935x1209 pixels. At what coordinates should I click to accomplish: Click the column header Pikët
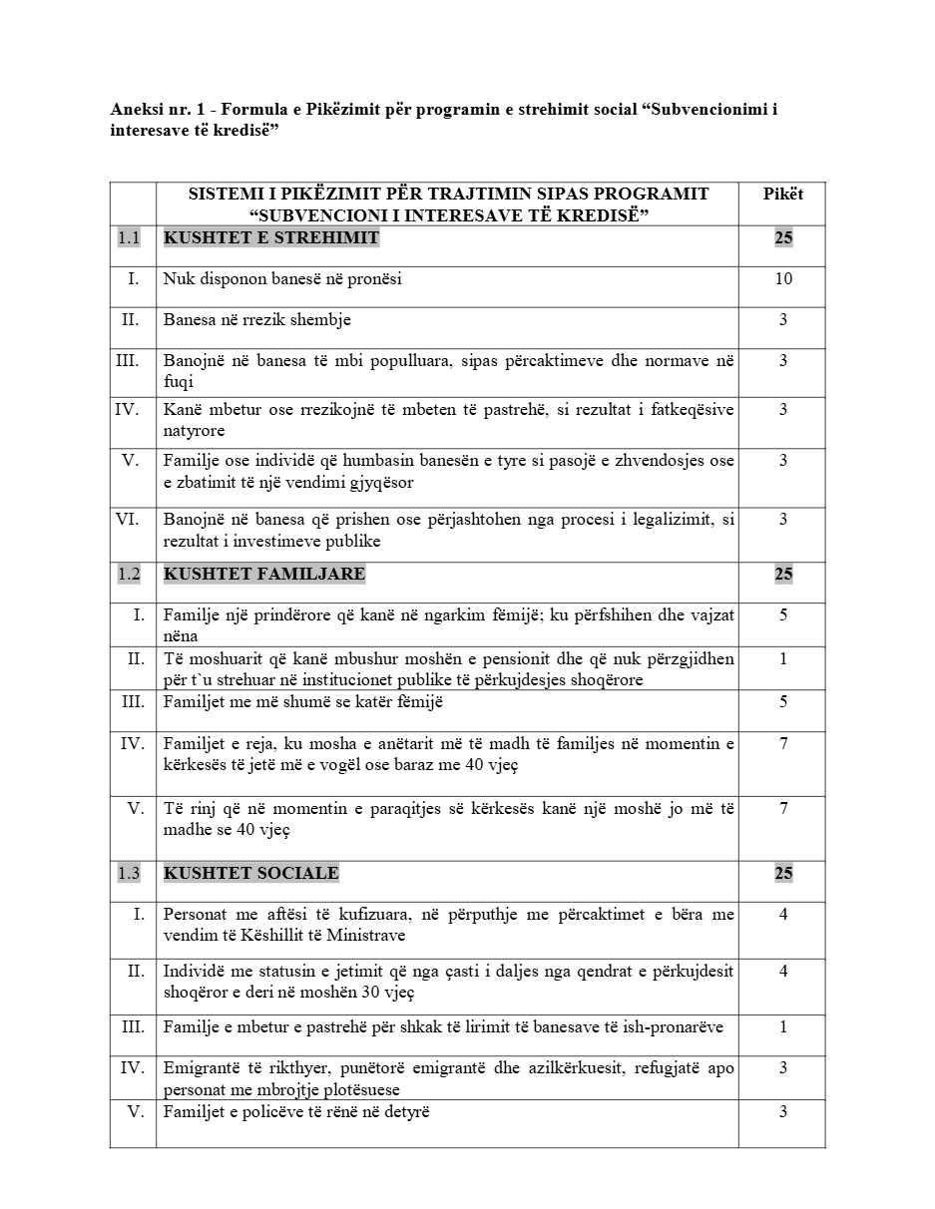click(x=783, y=194)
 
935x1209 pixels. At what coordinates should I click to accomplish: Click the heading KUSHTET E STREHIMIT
click(x=270, y=237)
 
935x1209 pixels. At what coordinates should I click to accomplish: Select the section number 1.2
click(x=129, y=574)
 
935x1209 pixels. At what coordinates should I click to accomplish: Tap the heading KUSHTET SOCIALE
click(x=250, y=873)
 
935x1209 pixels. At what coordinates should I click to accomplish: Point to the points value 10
click(x=783, y=279)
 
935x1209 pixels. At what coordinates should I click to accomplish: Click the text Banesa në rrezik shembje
click(x=257, y=320)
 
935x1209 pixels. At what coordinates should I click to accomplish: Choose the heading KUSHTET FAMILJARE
click(x=264, y=574)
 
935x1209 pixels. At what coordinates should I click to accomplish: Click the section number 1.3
click(x=129, y=873)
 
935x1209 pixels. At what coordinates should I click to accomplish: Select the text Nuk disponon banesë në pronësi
click(x=282, y=279)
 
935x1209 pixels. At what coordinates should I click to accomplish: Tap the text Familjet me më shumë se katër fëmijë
click(x=303, y=702)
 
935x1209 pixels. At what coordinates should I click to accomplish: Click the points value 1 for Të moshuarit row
click(x=783, y=658)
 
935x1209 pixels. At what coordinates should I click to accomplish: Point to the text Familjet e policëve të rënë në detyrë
click(x=296, y=1112)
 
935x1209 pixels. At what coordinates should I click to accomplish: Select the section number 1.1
click(x=129, y=237)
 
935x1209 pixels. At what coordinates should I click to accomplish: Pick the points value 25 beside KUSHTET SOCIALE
click(x=783, y=873)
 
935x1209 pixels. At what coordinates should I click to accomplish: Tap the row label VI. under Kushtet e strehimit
click(x=128, y=519)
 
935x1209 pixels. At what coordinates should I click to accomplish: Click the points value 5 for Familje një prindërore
click(x=783, y=615)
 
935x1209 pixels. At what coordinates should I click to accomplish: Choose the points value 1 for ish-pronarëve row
click(x=783, y=1027)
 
